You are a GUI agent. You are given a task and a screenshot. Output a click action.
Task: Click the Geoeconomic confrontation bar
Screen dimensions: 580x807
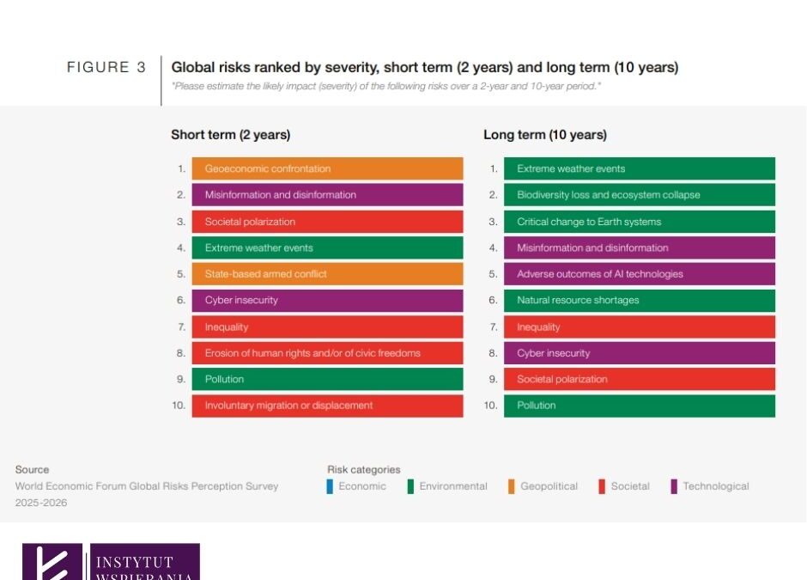tap(327, 168)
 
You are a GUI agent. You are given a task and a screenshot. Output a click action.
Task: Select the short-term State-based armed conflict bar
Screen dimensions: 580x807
tap(327, 274)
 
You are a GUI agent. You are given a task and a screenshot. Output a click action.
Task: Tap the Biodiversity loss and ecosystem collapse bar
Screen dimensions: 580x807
tap(639, 195)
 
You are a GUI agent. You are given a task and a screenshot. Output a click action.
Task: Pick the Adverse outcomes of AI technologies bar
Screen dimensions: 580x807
tap(639, 274)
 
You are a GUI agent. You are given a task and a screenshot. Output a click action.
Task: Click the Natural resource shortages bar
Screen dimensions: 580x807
tap(639, 301)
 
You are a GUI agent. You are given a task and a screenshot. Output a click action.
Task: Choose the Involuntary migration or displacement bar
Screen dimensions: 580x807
tap(327, 406)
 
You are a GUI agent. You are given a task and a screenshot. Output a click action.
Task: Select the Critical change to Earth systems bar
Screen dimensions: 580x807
tap(639, 222)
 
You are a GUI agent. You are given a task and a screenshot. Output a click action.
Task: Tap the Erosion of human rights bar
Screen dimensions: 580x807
tap(327, 353)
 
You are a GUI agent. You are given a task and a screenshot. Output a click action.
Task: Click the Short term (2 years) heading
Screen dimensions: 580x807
tap(230, 135)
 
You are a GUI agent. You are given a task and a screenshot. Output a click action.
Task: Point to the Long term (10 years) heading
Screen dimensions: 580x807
tap(544, 135)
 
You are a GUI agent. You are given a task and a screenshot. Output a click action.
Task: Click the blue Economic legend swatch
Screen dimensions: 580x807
tap(331, 486)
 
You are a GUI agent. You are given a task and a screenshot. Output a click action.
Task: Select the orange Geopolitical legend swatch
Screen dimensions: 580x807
tap(512, 486)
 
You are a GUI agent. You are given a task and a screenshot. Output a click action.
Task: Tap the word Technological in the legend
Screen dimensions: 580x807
tap(715, 486)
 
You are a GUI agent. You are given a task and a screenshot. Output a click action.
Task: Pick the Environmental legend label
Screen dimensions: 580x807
tap(452, 486)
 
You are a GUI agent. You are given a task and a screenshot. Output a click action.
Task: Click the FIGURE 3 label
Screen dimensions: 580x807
tap(106, 67)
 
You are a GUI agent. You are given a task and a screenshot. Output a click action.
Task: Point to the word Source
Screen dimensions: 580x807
tap(32, 470)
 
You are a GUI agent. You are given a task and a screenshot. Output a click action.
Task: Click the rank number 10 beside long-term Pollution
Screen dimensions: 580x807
tap(491, 406)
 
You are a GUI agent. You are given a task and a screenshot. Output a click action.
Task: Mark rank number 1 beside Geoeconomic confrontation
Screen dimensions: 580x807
tap(182, 169)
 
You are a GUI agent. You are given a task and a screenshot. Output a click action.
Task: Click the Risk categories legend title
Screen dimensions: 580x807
tap(363, 470)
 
